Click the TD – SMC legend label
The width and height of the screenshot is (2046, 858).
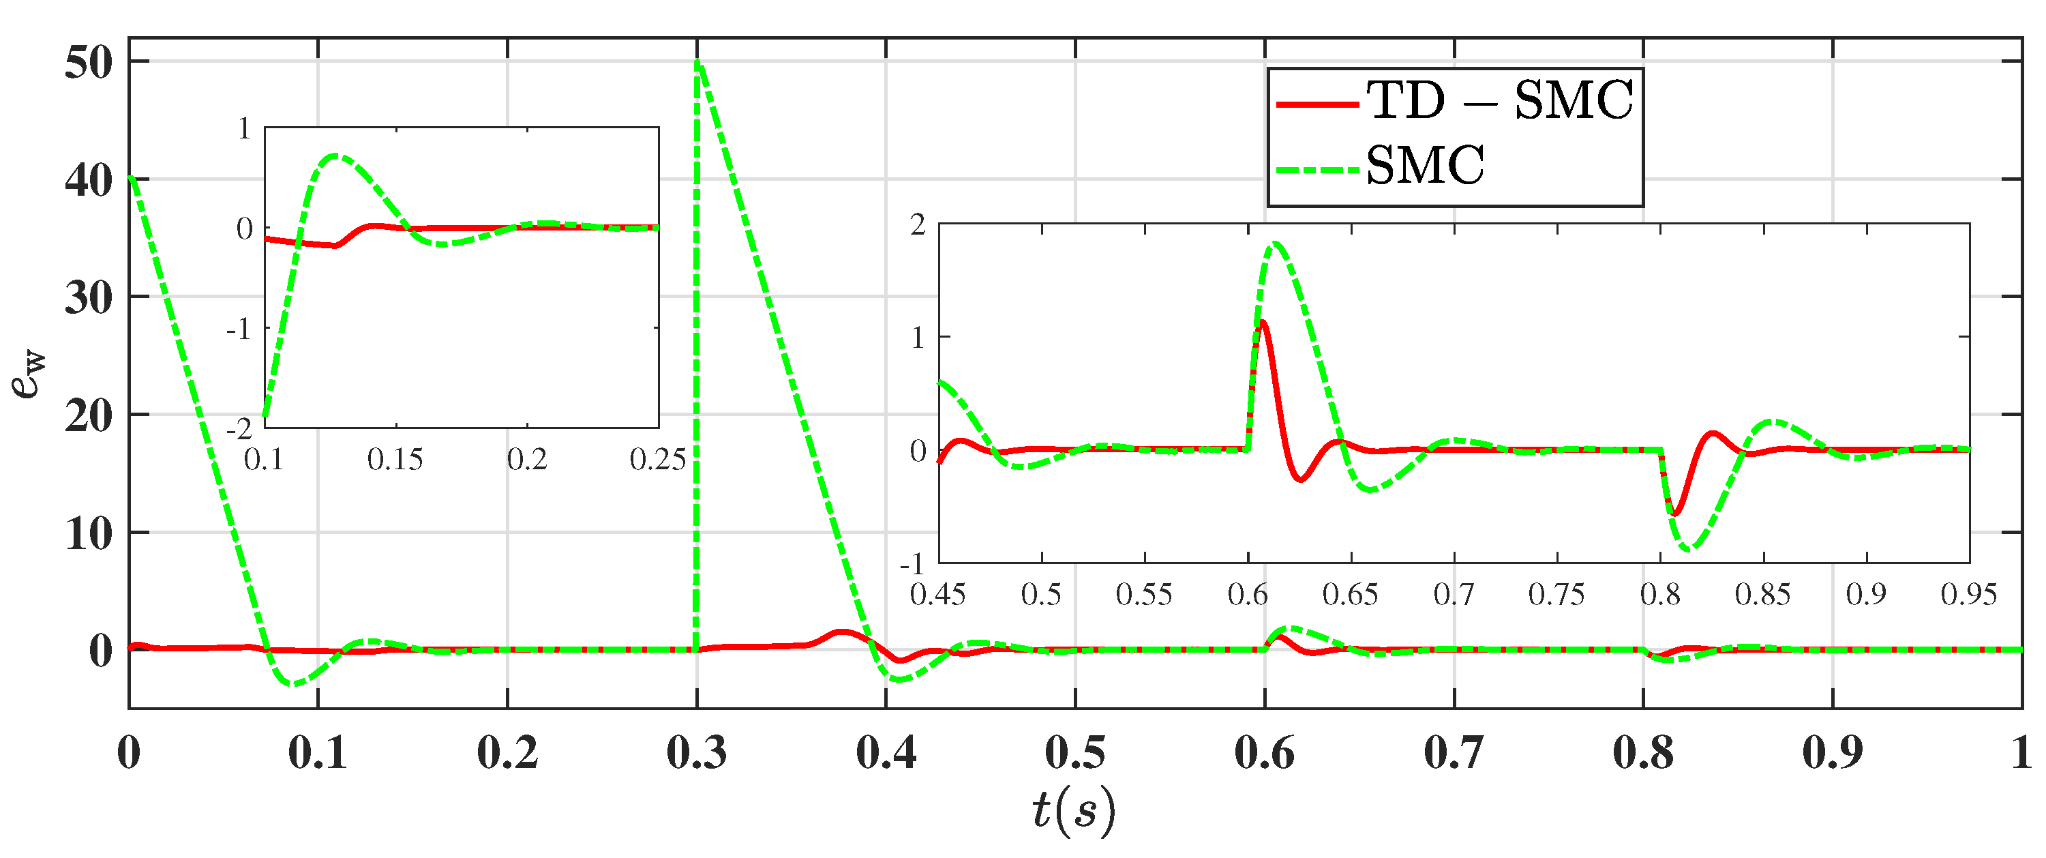(1499, 102)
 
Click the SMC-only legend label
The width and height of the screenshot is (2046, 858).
(1425, 167)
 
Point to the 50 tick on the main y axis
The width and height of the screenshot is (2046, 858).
(89, 63)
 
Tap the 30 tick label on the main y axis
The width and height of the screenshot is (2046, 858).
(89, 298)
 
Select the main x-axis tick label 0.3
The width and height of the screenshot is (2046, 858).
(697, 752)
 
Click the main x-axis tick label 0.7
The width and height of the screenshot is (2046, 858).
(1454, 752)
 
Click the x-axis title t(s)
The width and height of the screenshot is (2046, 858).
(1074, 810)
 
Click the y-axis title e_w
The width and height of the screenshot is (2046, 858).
(29, 373)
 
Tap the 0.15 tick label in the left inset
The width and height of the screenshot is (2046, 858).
(395, 459)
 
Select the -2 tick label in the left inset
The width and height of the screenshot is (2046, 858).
(239, 430)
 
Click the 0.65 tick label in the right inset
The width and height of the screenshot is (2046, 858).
(1350, 594)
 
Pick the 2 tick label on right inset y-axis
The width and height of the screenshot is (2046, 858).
(918, 225)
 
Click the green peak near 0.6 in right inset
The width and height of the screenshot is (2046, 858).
(1276, 244)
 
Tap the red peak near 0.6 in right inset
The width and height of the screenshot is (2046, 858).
(1262, 322)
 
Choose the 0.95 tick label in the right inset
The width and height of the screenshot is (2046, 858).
(1968, 594)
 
